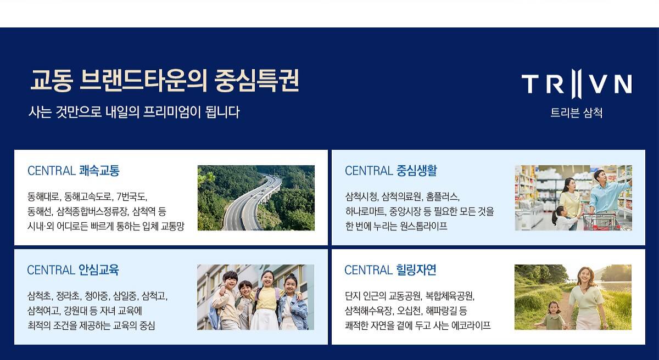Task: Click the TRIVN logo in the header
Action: (576, 83)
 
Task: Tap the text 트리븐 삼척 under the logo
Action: (576, 113)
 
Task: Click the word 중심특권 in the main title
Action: (256, 81)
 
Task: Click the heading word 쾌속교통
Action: (99, 171)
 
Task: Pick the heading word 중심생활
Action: (417, 171)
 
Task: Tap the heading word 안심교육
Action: (99, 270)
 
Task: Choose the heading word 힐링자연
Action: (416, 270)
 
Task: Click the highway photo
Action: (256, 198)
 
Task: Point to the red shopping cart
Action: (601, 221)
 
